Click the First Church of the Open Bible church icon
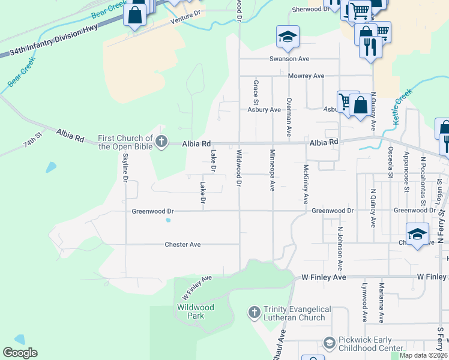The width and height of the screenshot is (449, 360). pyautogui.click(x=160, y=142)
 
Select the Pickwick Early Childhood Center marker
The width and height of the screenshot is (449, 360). pyautogui.click(x=329, y=343)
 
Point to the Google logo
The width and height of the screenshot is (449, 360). pyautogui.click(x=20, y=353)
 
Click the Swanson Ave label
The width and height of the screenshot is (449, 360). pyautogui.click(x=289, y=59)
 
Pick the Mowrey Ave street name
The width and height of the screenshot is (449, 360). pyautogui.click(x=306, y=76)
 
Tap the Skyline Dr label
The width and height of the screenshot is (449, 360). pyautogui.click(x=125, y=167)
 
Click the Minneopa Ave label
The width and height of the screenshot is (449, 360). pyautogui.click(x=272, y=170)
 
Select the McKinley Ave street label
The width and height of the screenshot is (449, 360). pyautogui.click(x=306, y=184)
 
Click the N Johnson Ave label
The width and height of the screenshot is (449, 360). pyautogui.click(x=339, y=248)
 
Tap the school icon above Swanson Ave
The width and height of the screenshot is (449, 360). pyautogui.click(x=288, y=38)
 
